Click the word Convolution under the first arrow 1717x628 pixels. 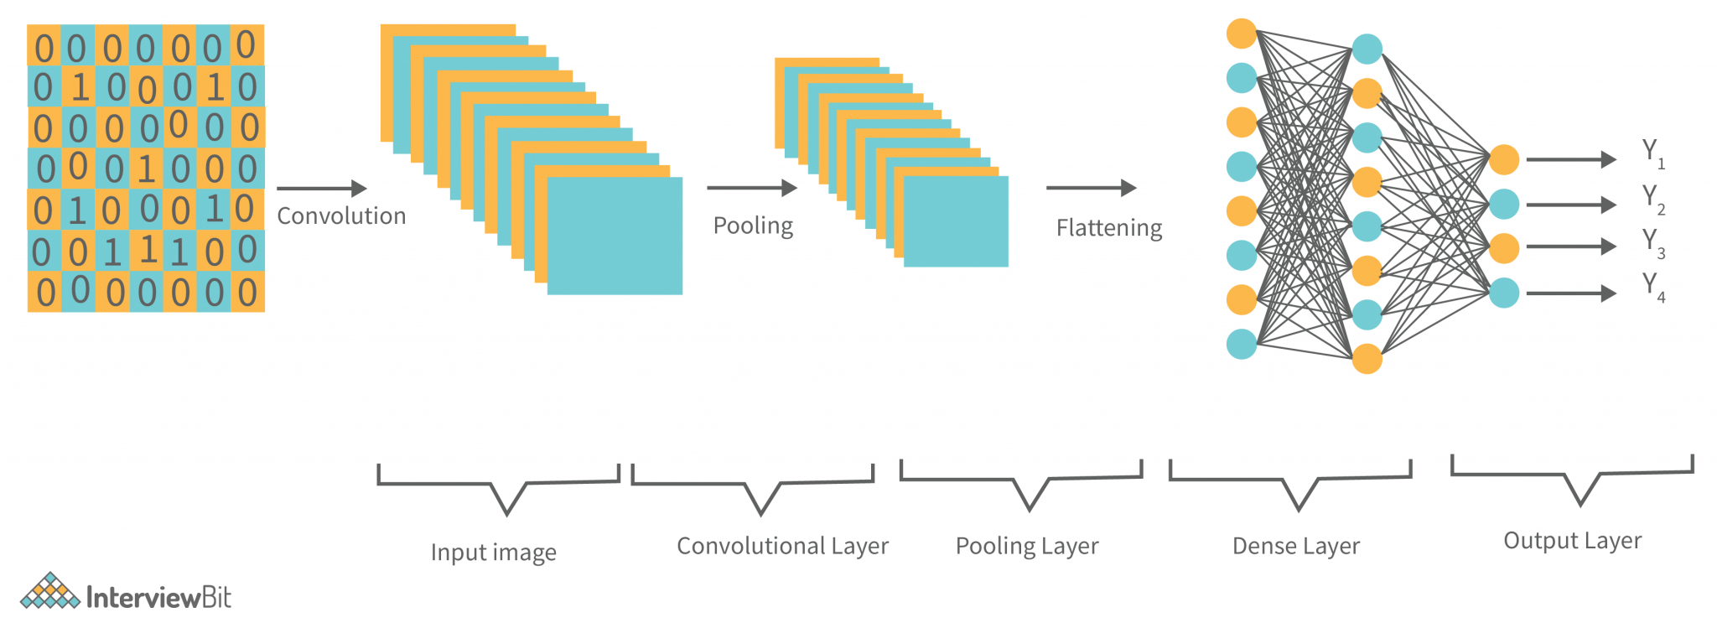tap(341, 216)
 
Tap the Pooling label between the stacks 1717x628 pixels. tap(753, 226)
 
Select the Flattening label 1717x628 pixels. tap(1108, 228)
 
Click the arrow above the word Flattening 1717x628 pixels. tap(1091, 188)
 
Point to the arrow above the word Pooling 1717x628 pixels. tap(751, 188)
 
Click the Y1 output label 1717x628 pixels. tap(1652, 153)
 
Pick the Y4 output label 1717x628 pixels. tap(1652, 287)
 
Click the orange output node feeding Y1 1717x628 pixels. tap(1504, 159)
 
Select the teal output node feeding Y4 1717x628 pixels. tap(1504, 293)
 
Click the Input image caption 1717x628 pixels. tap(493, 553)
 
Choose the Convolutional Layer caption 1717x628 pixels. tap(782, 546)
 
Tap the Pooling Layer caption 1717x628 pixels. tap(1026, 546)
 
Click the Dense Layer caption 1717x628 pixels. tap(1295, 547)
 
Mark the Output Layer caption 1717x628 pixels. tap(1572, 541)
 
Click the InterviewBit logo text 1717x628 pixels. tap(158, 597)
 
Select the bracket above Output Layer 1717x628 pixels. tap(1572, 478)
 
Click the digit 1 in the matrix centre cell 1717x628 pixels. tap(147, 169)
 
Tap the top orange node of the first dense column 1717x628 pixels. tap(1241, 34)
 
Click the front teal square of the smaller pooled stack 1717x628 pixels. tap(956, 221)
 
